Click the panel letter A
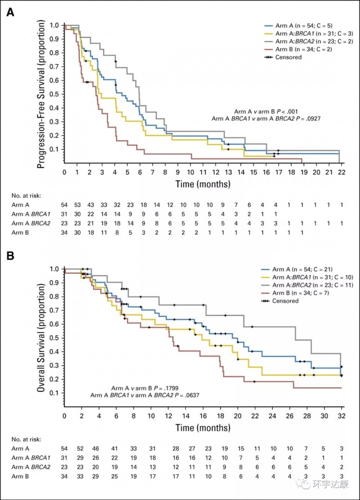click(x=10, y=13)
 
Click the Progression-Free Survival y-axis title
click(x=41, y=95)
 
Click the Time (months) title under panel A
click(x=203, y=183)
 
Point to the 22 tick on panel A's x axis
click(x=342, y=173)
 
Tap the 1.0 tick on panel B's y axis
click(x=54, y=269)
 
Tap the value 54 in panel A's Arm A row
click(x=65, y=206)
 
